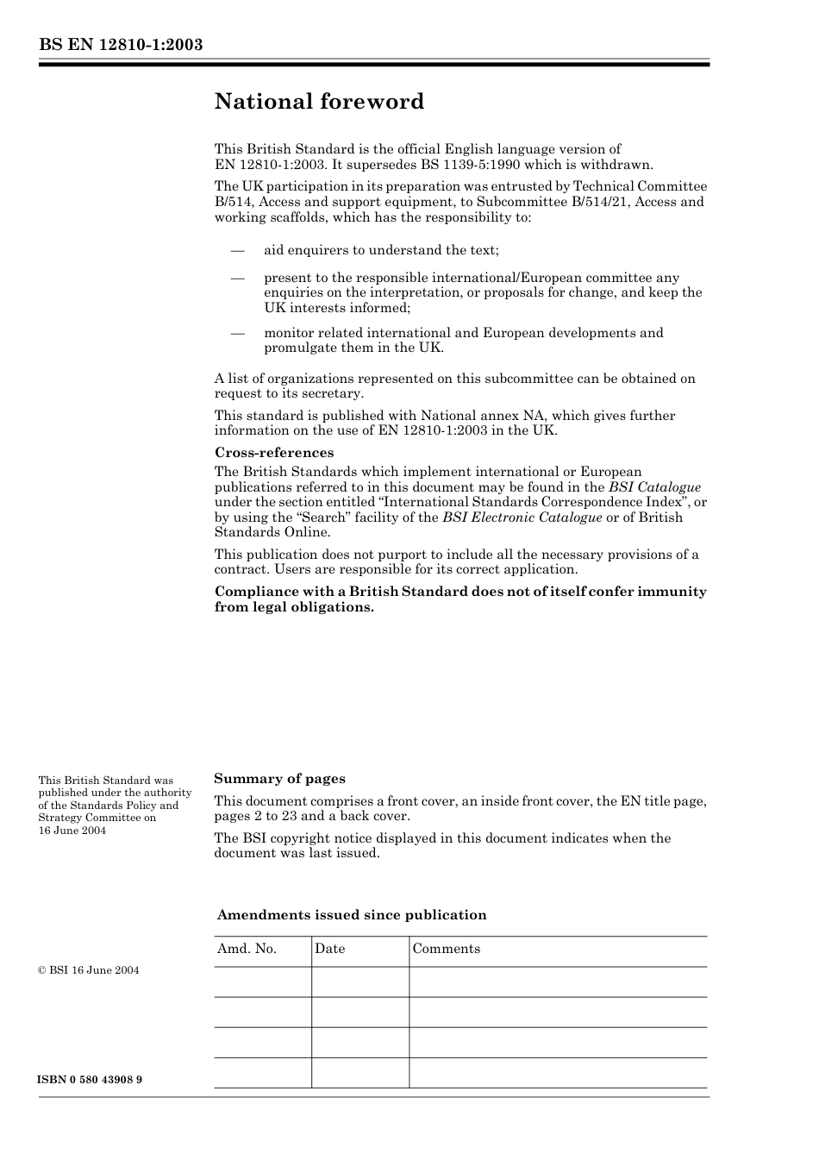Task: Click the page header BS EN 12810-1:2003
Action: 120,45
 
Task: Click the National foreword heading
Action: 319,102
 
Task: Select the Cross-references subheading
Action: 273,453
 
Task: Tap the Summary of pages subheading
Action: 279,779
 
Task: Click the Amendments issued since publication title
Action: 352,915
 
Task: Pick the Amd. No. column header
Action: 247,949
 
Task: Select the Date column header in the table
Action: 329,949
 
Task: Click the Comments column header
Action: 446,949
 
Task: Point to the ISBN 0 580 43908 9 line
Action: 91,1080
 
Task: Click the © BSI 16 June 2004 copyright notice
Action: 89,970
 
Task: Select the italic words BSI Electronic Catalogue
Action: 522,517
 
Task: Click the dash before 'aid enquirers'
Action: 237,251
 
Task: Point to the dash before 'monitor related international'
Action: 237,334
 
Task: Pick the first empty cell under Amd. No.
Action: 262,981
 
